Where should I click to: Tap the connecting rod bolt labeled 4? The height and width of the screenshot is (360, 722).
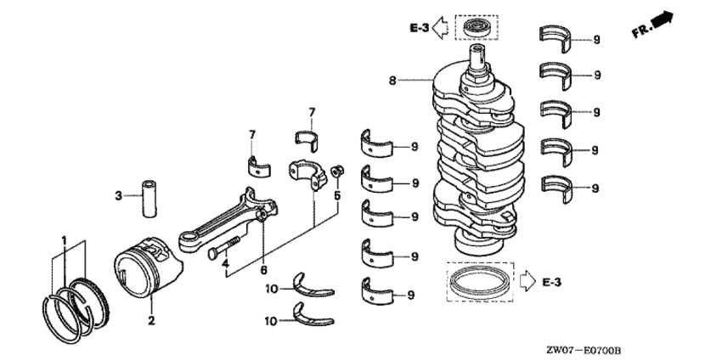[224, 247]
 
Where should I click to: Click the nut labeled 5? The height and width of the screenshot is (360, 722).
[337, 171]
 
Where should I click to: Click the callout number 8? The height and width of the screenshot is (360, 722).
[392, 81]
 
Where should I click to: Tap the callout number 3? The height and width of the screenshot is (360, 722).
[118, 196]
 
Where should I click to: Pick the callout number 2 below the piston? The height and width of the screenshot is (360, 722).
[151, 320]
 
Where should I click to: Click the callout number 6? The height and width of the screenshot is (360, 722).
[263, 270]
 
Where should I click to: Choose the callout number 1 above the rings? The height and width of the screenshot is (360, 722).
[65, 239]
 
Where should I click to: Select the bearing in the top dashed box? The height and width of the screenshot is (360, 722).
[477, 28]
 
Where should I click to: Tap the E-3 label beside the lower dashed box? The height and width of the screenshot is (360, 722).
[551, 282]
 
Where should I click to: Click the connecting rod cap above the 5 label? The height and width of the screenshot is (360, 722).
[307, 174]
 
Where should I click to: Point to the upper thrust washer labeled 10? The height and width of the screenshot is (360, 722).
[313, 285]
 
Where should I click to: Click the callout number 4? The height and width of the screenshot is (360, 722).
[225, 264]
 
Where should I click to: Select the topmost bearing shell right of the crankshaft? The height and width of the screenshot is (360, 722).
[556, 39]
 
